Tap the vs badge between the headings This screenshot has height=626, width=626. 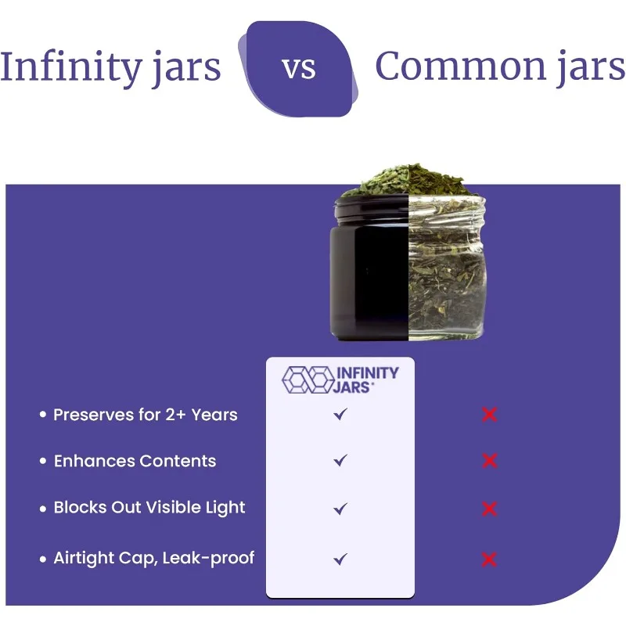coord(299,68)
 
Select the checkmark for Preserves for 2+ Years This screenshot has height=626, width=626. coord(340,414)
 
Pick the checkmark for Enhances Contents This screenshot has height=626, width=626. coord(340,461)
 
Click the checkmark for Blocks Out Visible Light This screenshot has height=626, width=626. coord(340,509)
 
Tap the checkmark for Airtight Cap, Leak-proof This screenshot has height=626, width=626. coord(340,559)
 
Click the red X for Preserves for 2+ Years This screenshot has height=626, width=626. coord(489,414)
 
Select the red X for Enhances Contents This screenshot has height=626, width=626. coord(489,461)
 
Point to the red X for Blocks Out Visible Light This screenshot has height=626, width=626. coord(489,509)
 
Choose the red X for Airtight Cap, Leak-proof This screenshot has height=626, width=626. coord(489,559)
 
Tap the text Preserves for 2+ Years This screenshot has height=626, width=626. coord(145,415)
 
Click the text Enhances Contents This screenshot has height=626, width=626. coord(135,461)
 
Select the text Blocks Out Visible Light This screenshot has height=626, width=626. coord(149,508)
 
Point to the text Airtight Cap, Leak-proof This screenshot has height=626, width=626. coord(153,559)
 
